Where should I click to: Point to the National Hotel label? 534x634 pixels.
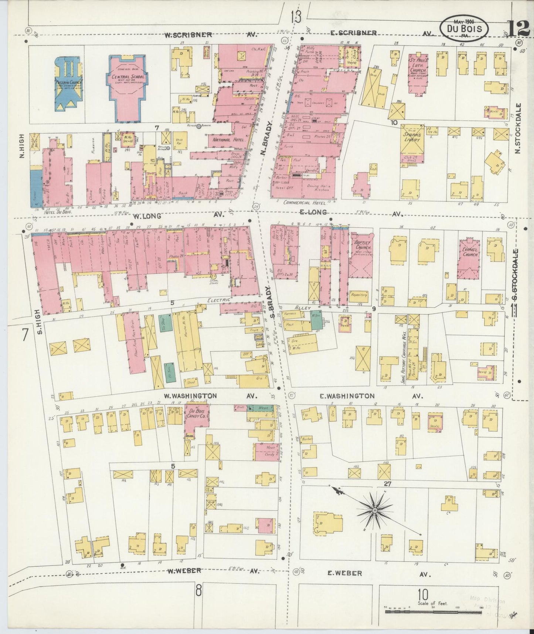(225, 140)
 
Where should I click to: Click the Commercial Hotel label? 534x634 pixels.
(306, 203)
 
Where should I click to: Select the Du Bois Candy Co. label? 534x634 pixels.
(197, 414)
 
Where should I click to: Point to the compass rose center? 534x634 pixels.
(374, 510)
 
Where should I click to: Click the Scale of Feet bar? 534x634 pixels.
(435, 612)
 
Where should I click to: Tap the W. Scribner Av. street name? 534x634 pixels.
(188, 35)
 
